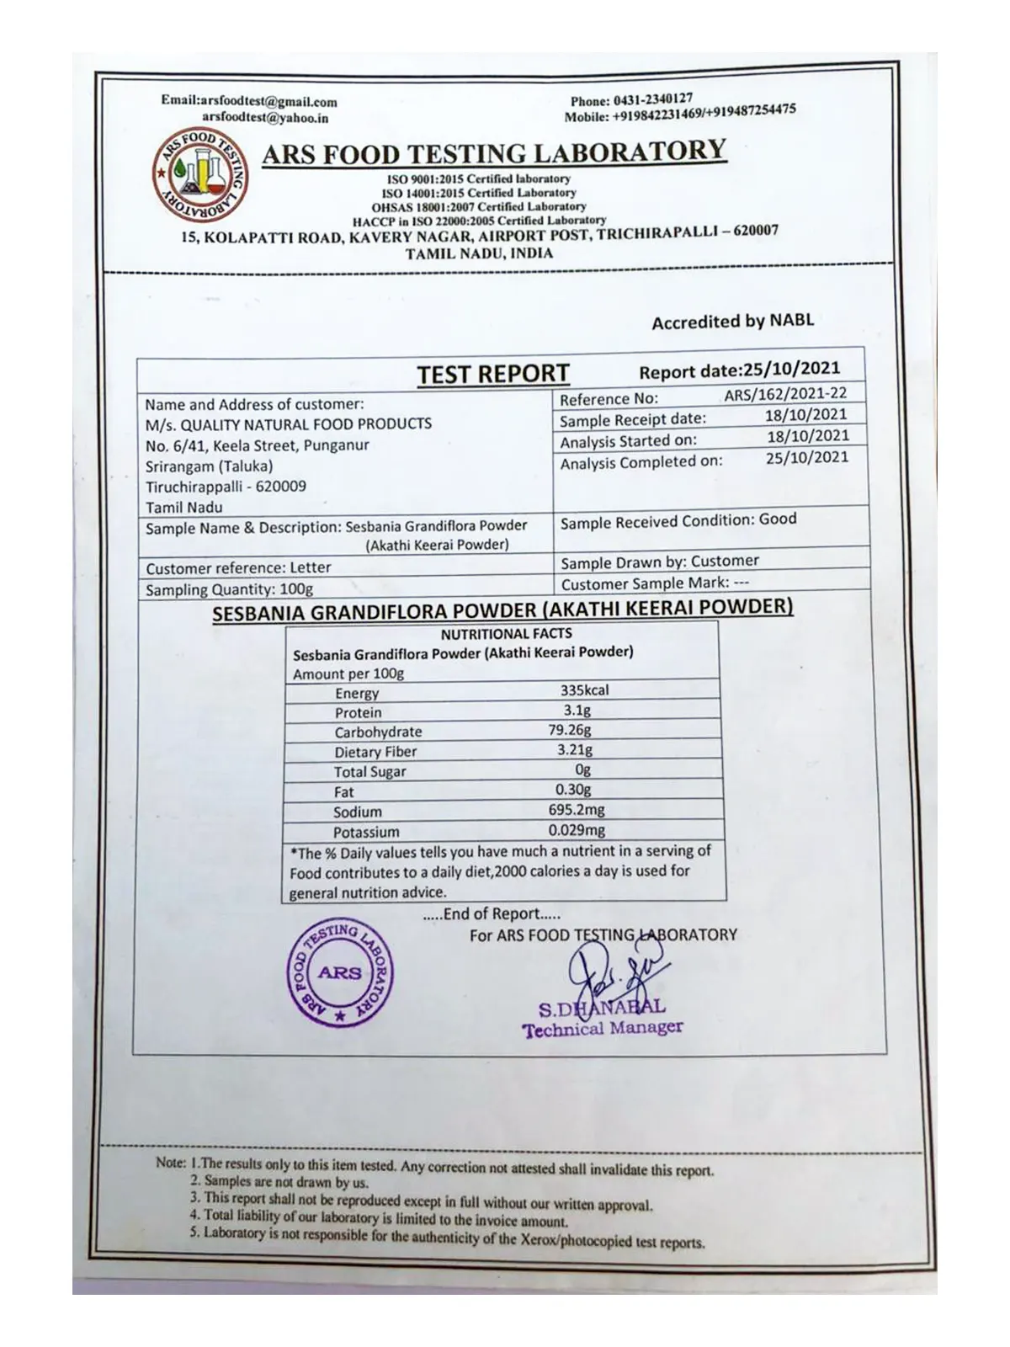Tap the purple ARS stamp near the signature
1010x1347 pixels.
[340, 974]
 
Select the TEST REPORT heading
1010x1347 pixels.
[493, 374]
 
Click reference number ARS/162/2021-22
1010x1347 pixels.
[784, 393]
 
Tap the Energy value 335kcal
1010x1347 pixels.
[584, 690]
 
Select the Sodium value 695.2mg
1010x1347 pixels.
[576, 811]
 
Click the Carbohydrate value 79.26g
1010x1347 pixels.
[570, 730]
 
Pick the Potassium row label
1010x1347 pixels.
[366, 832]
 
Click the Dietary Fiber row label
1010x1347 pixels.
[375, 752]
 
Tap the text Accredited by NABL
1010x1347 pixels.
[732, 322]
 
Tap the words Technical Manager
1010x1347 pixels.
[602, 1029]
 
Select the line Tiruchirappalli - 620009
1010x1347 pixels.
[226, 487]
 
